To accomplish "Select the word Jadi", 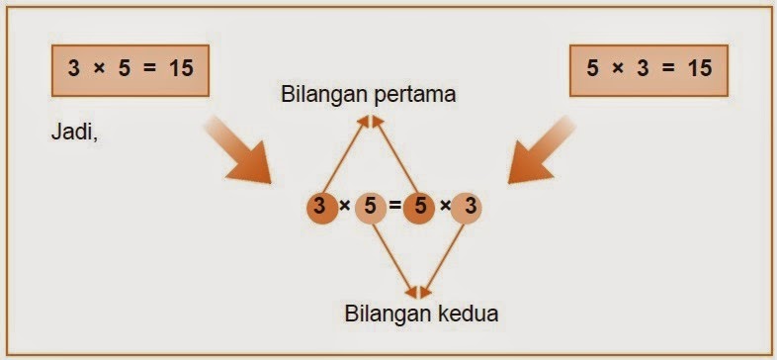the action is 72,130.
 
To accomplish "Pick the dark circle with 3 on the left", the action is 319,207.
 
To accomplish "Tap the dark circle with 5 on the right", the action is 419,207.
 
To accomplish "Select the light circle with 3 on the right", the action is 471,207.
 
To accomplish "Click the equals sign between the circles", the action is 394,207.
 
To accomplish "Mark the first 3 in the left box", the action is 74,70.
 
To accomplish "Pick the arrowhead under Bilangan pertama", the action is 369,121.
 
